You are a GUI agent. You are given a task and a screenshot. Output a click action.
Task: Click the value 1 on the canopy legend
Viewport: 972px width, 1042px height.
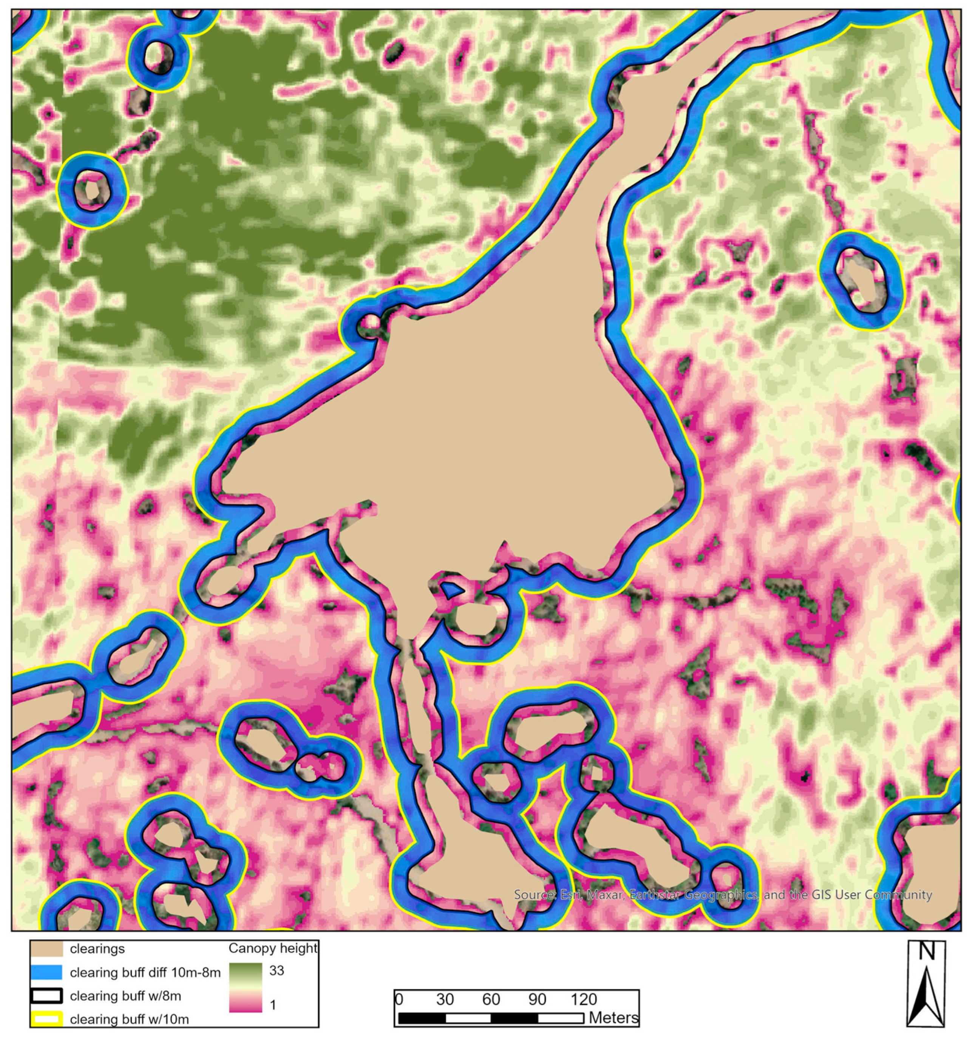(x=273, y=1005)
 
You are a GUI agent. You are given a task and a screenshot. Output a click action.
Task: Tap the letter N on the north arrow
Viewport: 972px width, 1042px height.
(x=927, y=952)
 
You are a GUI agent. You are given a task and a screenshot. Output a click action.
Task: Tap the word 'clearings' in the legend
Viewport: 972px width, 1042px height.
(x=97, y=949)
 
